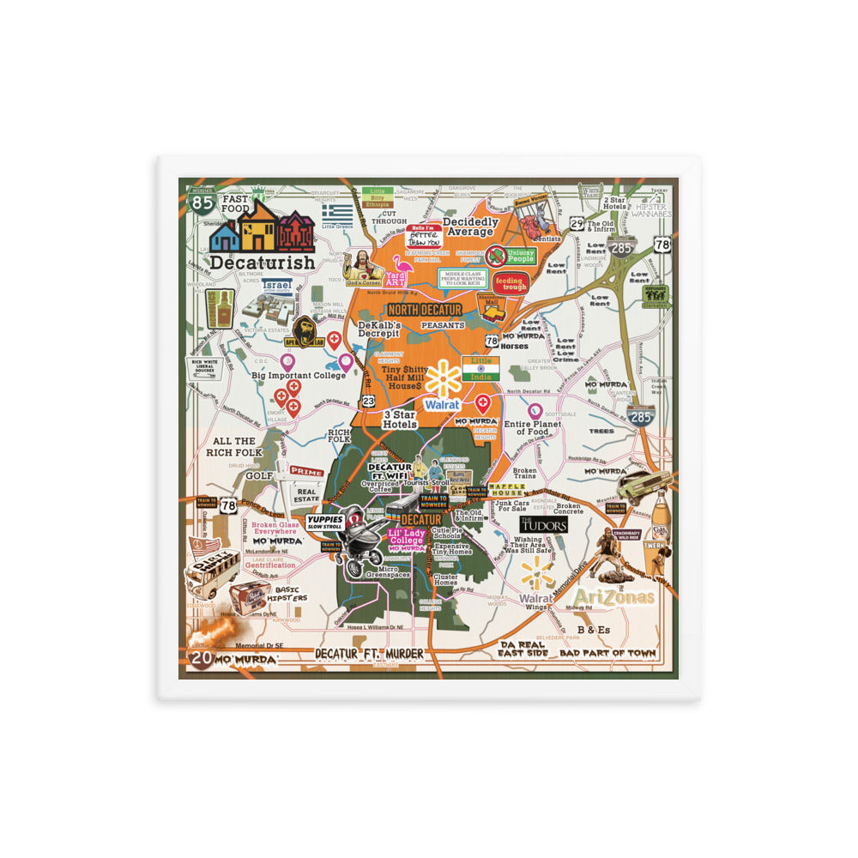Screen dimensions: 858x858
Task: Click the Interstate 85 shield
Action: click(202, 202)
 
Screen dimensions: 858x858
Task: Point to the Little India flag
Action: click(480, 369)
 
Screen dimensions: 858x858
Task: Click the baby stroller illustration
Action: click(360, 545)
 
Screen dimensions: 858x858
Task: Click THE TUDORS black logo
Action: click(543, 524)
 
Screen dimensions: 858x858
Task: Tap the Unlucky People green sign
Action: click(512, 255)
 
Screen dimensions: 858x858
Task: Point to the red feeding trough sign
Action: click(511, 283)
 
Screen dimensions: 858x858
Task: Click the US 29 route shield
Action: click(578, 224)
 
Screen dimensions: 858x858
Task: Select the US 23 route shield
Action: click(368, 401)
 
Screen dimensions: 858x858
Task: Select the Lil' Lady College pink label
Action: click(407, 538)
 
